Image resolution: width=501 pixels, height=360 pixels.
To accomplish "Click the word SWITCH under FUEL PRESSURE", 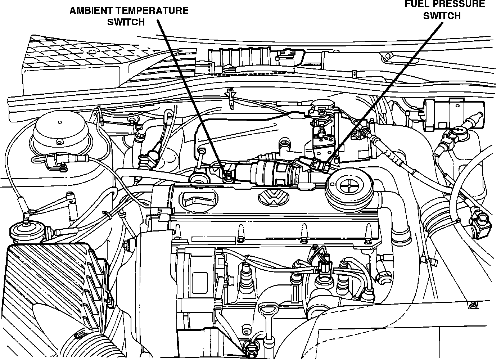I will coord(442,15).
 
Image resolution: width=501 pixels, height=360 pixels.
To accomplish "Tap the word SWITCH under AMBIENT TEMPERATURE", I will coord(126,22).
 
